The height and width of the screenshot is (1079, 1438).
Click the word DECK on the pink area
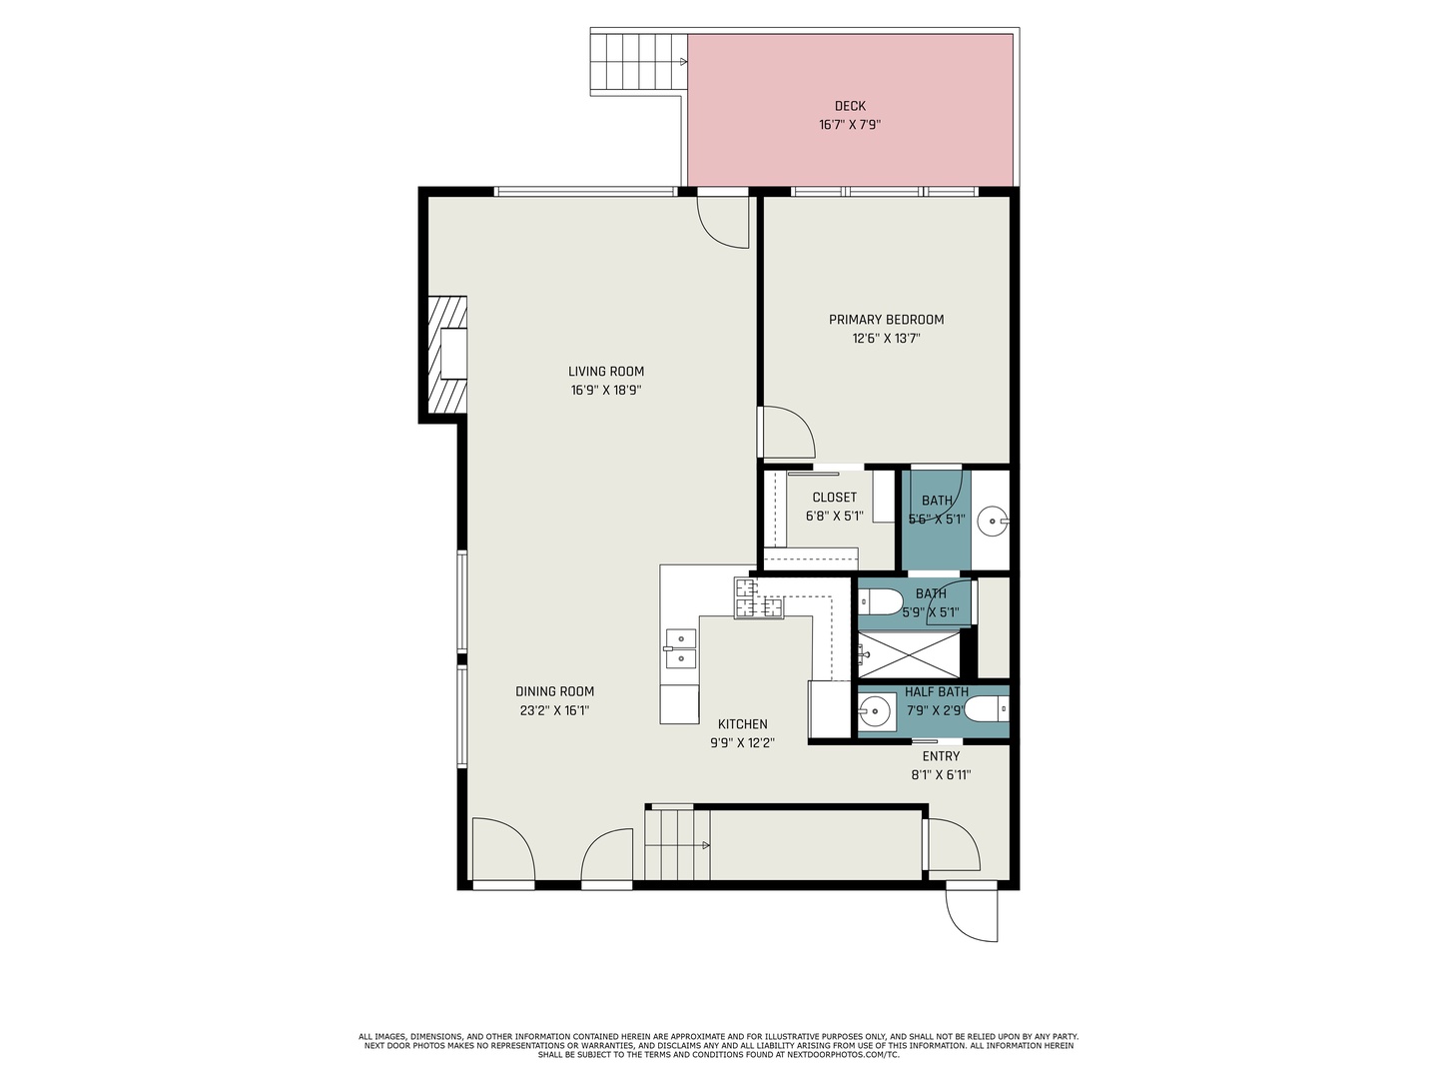(850, 106)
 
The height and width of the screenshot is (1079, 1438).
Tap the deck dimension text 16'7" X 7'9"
(850, 125)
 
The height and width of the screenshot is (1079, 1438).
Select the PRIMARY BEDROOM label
(886, 320)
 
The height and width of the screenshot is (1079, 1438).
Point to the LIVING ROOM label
(606, 372)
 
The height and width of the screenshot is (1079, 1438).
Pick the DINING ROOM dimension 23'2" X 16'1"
(554, 710)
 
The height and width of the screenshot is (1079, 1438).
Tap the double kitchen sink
(680, 647)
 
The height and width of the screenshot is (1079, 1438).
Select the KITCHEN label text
(743, 724)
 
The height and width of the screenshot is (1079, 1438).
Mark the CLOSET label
(834, 498)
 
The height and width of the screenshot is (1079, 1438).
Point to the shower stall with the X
(909, 654)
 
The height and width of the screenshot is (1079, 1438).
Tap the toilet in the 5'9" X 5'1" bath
(880, 601)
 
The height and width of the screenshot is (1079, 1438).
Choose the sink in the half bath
(877, 712)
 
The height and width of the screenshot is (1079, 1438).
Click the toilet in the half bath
(988, 709)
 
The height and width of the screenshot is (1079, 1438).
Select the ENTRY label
(941, 756)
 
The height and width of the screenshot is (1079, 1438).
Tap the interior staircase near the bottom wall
(677, 844)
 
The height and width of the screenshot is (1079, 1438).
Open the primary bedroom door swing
(788, 431)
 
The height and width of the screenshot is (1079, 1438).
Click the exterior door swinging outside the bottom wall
(972, 914)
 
